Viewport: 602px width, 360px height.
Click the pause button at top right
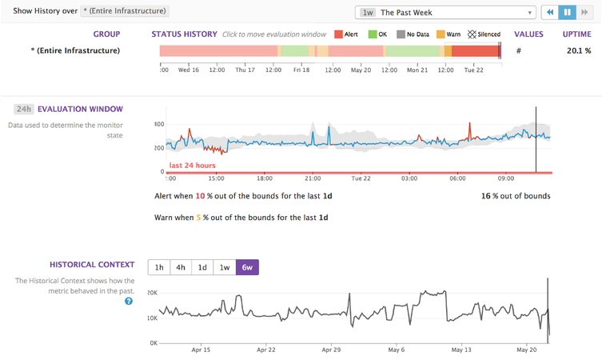(568, 13)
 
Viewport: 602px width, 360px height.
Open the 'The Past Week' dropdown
(445, 13)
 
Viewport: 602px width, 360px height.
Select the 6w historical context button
(247, 268)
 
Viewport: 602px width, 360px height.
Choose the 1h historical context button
(160, 268)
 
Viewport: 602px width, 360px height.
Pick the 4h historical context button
(181, 268)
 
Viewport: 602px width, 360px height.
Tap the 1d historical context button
(203, 268)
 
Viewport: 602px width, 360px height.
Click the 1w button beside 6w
(225, 268)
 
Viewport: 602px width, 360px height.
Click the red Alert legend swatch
(338, 34)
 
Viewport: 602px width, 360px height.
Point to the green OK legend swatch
(373, 34)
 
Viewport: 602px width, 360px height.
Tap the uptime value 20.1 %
(579, 50)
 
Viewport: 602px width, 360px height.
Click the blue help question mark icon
(129, 301)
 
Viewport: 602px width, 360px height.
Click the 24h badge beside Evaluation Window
(23, 109)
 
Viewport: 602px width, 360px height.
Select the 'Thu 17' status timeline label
(245, 70)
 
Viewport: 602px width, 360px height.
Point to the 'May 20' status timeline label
(361, 70)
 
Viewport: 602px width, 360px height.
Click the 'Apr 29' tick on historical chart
(332, 350)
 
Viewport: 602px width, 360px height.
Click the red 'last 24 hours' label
(192, 166)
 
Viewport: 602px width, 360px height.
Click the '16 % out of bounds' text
(515, 195)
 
